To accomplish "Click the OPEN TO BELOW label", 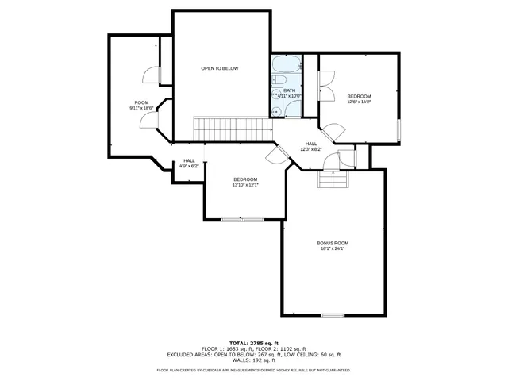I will [219, 68].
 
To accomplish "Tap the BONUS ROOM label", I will [333, 243].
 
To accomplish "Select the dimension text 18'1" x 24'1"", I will [333, 248].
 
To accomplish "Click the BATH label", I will [290, 90].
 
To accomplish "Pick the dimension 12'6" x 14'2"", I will [359, 102].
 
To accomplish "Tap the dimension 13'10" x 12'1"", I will [245, 185].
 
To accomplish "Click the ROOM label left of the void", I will [141, 102].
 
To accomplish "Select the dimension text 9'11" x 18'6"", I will [141, 108].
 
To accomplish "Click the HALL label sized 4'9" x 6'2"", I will [189, 161].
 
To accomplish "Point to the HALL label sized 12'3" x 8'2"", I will [311, 144].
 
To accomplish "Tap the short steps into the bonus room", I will [333, 181].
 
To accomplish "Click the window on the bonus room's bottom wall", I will [333, 315].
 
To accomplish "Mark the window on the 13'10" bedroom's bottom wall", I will [243, 219].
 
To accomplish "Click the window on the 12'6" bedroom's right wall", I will [398, 131].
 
